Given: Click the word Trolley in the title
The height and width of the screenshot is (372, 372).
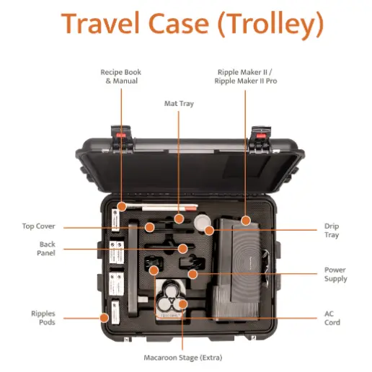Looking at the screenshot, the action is (x=271, y=25).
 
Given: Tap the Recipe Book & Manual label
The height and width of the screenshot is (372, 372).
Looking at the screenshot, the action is (x=121, y=76).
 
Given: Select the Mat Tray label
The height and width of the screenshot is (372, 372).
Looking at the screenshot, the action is (x=179, y=104).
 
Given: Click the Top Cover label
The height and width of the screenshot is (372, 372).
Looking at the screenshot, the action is (x=39, y=226).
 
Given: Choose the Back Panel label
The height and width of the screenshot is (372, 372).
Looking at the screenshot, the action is (x=46, y=249).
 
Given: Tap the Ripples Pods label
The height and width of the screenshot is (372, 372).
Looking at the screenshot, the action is (x=43, y=318).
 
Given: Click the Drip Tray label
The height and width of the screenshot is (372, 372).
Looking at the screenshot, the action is (x=332, y=230).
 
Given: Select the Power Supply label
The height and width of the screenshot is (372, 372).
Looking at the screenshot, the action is (x=336, y=274).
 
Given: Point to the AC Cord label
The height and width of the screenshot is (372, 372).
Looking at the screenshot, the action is (x=332, y=318).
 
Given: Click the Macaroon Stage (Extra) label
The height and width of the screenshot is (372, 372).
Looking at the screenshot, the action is (x=183, y=358).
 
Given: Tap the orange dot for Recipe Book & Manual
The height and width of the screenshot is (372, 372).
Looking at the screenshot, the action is (x=122, y=206).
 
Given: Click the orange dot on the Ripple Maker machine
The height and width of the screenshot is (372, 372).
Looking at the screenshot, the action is (x=246, y=221).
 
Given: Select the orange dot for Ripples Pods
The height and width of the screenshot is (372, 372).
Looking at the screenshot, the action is (x=104, y=318).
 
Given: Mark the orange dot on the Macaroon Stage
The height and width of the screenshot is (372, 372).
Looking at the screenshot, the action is (x=183, y=304).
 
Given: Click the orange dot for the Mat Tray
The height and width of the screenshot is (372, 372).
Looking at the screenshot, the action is (x=179, y=218).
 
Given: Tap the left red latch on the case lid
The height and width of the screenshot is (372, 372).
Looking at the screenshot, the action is (x=121, y=136).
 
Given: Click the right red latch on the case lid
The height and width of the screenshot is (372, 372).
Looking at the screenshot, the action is (x=261, y=136).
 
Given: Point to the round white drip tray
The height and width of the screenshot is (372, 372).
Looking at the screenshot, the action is (x=201, y=223).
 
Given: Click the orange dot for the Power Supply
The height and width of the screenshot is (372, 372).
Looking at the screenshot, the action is (x=192, y=274).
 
